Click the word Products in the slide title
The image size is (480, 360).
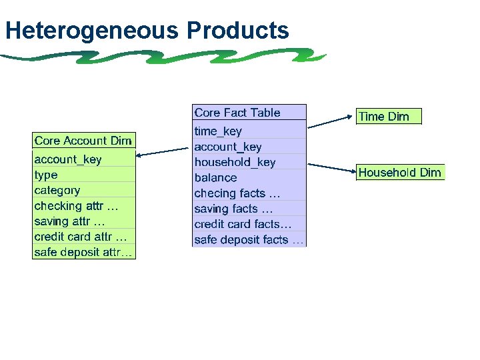237,31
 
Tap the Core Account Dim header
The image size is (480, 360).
83,141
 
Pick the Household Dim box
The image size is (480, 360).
400,173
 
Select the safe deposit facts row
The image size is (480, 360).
249,240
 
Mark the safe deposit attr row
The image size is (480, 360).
83,252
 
